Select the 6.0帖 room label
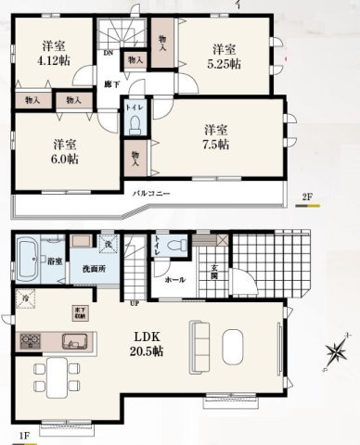(x=64, y=152)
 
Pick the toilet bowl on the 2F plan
(x=136, y=124)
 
